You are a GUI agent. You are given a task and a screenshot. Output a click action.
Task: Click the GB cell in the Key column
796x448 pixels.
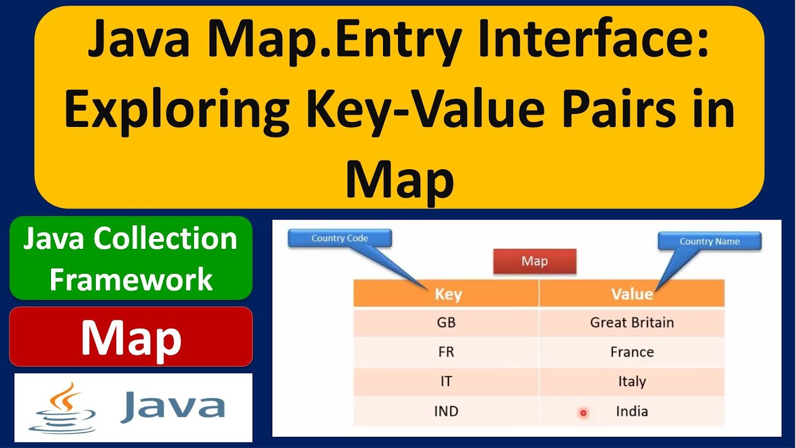(446, 322)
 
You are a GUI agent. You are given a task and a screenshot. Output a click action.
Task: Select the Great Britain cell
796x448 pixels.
(632, 322)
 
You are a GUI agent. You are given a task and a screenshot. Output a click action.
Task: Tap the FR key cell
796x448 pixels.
(446, 352)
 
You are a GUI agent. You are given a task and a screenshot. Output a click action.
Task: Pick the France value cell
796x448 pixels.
(632, 352)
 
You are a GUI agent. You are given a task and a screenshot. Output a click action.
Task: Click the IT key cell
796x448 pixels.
(446, 381)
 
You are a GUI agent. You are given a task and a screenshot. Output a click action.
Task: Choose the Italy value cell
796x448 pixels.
(632, 381)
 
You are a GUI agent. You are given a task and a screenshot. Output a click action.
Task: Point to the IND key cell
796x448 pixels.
(446, 411)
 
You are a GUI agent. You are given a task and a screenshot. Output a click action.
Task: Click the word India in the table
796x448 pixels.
(632, 411)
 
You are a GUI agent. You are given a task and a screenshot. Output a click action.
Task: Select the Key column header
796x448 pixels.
(447, 294)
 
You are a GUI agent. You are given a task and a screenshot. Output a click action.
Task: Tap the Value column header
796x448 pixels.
(632, 294)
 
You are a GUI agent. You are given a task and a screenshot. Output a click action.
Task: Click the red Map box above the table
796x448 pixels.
(534, 261)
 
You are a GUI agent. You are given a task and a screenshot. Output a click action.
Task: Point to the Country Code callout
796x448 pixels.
(340, 238)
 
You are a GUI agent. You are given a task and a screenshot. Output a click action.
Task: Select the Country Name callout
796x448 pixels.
(710, 241)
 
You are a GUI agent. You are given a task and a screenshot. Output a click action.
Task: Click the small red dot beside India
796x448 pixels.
(583, 413)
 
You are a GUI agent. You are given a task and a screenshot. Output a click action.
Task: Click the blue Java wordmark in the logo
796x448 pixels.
(172, 406)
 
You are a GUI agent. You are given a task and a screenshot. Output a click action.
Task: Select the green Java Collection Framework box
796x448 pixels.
(131, 258)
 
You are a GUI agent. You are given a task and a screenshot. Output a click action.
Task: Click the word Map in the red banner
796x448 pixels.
(131, 338)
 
